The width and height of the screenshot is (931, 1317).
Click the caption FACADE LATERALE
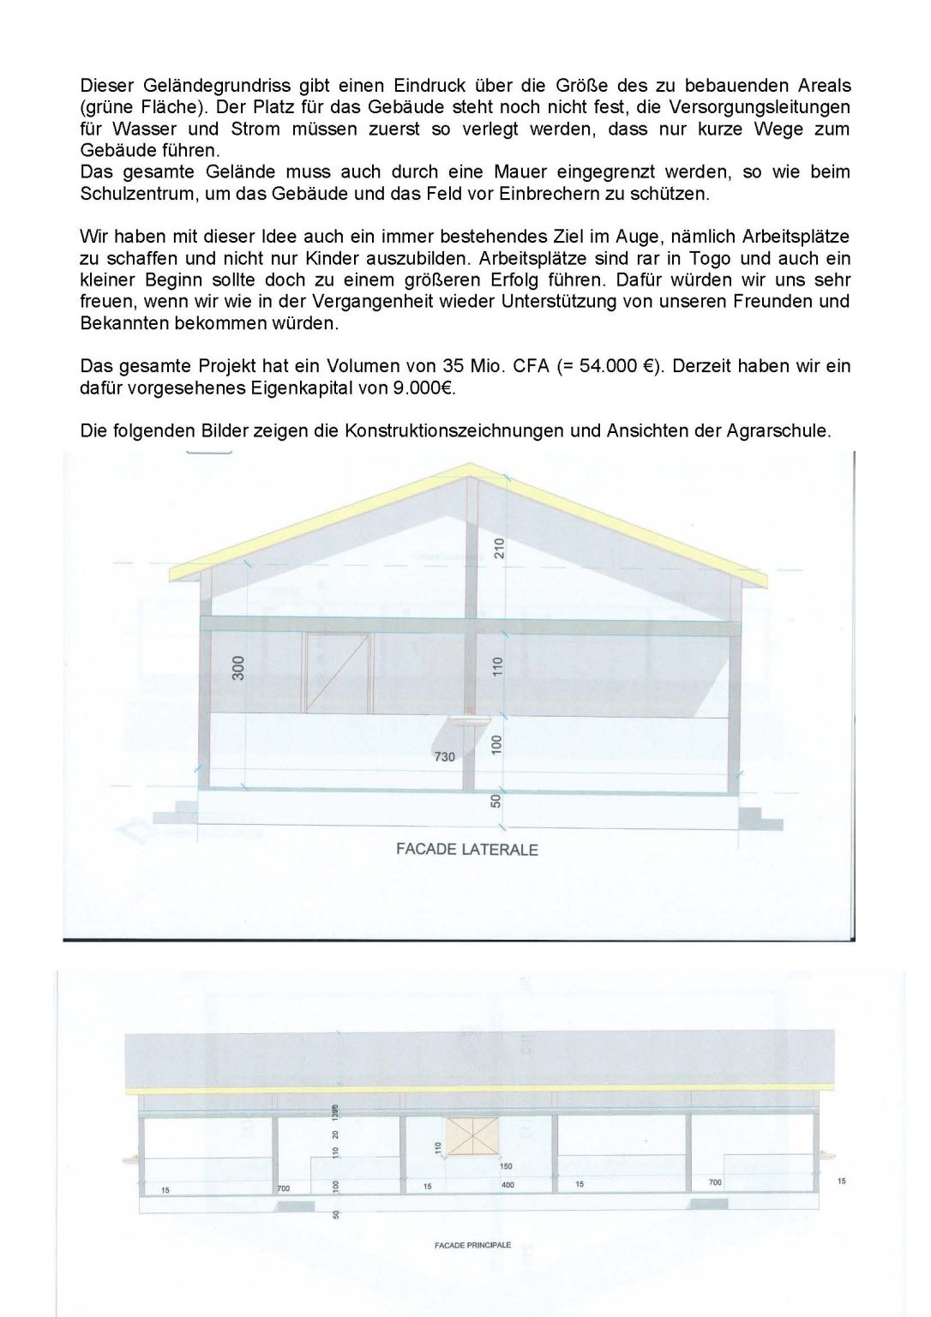[x=466, y=850]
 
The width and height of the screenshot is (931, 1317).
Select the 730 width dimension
[x=445, y=756]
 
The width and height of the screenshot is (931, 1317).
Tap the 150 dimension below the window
[x=506, y=1166]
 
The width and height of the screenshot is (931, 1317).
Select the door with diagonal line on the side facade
[x=338, y=673]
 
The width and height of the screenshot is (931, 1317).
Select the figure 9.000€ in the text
[x=424, y=388]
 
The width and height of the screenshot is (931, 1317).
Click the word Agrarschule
[x=784, y=430]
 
